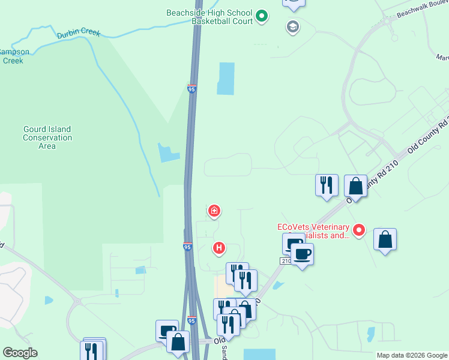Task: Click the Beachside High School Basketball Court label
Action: point(210,17)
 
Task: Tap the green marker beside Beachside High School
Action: point(262,16)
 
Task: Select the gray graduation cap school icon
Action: point(293,26)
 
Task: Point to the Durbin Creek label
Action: point(79,34)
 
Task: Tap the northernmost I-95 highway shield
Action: point(191,89)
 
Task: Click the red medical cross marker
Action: point(214,211)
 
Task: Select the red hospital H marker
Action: point(220,247)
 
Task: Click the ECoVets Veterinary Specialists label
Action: point(313,231)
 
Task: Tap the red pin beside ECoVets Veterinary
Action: point(359,229)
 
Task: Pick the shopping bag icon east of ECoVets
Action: point(385,240)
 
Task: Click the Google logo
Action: point(20,353)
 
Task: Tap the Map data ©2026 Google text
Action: point(411,355)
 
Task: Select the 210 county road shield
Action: point(285,261)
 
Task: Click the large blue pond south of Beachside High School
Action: point(225,79)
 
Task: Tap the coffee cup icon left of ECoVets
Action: point(303,254)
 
